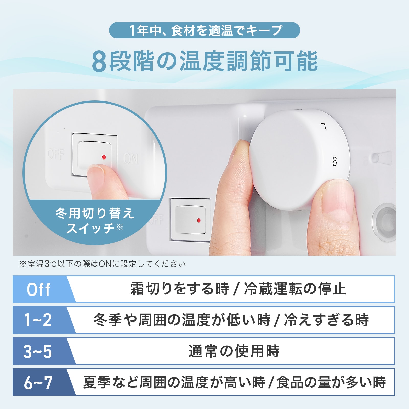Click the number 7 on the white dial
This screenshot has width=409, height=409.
[x=324, y=127]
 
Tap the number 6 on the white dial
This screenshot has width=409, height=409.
[x=334, y=162]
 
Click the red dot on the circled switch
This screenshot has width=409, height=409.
[x=104, y=157]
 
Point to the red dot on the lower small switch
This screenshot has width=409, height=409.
[x=199, y=220]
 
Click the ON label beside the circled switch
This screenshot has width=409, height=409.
[x=131, y=158]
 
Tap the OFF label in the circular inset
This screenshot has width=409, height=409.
[x=56, y=154]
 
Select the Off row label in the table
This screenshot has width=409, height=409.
[x=38, y=290]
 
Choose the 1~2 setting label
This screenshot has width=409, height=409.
[x=38, y=320]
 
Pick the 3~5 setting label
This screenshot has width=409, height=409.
[x=38, y=351]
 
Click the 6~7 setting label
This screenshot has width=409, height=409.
[x=38, y=383]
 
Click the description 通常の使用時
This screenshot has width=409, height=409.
[x=234, y=351]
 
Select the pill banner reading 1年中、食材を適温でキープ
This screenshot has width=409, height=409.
[x=204, y=30]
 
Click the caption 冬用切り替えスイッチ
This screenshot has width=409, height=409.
[x=95, y=221]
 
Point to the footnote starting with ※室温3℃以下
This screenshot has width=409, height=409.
[x=102, y=264]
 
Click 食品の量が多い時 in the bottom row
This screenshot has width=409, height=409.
[x=331, y=382]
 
